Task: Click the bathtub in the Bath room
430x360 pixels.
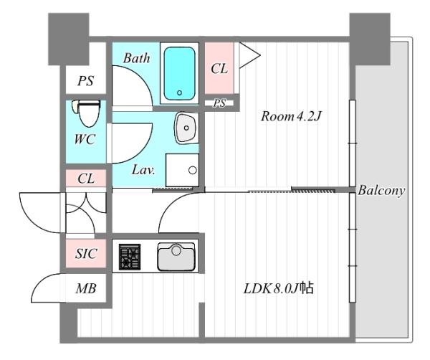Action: click(x=179, y=73)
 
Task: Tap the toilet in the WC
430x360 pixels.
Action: click(x=86, y=113)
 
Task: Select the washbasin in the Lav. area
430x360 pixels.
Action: click(x=186, y=128)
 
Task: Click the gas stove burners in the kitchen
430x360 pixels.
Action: click(x=130, y=257)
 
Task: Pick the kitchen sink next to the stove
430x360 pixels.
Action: click(x=176, y=257)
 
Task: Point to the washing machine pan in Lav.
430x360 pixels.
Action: click(x=182, y=170)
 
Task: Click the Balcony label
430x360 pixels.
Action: click(x=381, y=191)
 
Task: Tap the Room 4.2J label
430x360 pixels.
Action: click(x=291, y=116)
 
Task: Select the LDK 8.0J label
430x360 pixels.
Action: click(x=279, y=289)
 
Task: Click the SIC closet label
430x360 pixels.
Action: click(x=86, y=254)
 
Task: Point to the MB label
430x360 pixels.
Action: click(x=86, y=289)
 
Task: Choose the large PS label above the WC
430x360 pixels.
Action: click(x=85, y=81)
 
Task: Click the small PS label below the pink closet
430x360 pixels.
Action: click(x=219, y=103)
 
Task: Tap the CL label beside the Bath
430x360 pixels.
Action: click(x=219, y=69)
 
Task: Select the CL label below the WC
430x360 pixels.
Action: click(x=86, y=179)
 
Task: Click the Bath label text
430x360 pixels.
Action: click(x=137, y=58)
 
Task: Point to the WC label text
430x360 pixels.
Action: click(x=85, y=139)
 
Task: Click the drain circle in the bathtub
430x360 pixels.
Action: click(x=179, y=93)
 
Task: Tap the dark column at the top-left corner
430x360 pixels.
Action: click(x=69, y=39)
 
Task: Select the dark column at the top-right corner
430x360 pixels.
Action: click(x=370, y=39)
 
